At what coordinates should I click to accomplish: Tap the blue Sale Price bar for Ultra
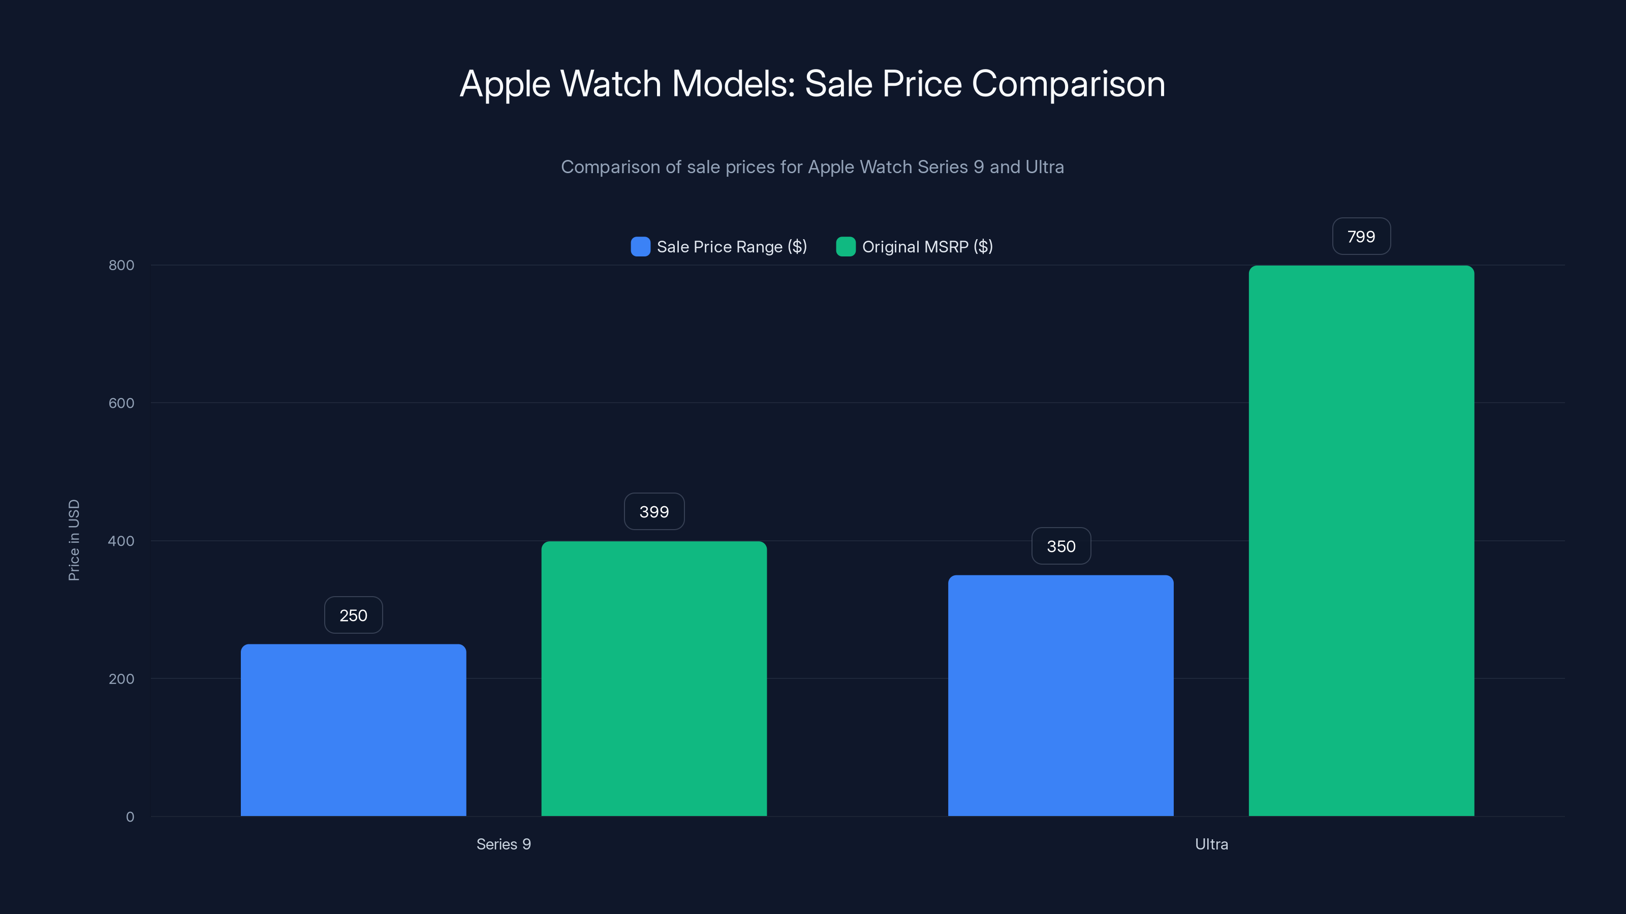[x=1060, y=695]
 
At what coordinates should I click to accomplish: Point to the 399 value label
[x=654, y=511]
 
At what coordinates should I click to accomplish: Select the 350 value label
[x=1060, y=546]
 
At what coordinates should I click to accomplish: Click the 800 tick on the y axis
[x=121, y=265]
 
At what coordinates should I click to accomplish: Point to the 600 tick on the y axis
[x=121, y=403]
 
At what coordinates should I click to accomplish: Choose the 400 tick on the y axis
[x=121, y=541]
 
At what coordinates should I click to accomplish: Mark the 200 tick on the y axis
[x=121, y=679]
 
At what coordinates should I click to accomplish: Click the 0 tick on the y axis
[x=130, y=817]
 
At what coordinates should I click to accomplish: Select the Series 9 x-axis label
[x=503, y=844]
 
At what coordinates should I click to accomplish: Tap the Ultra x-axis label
[x=1211, y=844]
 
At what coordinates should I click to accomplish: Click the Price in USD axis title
[x=74, y=540]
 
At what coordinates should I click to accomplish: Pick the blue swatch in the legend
[x=640, y=247]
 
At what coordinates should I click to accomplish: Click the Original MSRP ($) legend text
[x=927, y=247]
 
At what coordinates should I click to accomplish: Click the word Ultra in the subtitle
[x=1044, y=167]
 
